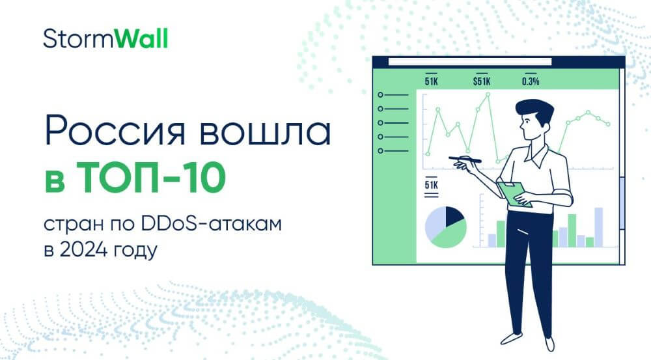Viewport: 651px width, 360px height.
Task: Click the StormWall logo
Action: [105, 38]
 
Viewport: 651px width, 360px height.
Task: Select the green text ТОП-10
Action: [151, 178]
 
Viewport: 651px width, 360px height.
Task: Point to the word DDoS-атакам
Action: [212, 223]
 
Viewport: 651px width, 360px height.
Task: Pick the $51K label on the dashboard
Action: [482, 81]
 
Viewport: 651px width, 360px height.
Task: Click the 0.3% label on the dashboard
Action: [531, 81]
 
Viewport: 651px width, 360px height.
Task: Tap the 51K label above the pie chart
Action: [432, 184]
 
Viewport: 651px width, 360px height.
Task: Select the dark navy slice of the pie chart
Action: [453, 215]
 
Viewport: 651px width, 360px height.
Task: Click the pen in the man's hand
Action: [465, 159]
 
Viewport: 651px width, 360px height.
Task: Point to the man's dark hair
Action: [535, 109]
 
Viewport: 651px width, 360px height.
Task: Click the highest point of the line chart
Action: [488, 94]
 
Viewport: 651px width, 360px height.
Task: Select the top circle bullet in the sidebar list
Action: [380, 95]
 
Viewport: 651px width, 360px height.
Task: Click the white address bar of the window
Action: [470, 62]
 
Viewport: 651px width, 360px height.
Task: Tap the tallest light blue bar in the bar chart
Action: [599, 227]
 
